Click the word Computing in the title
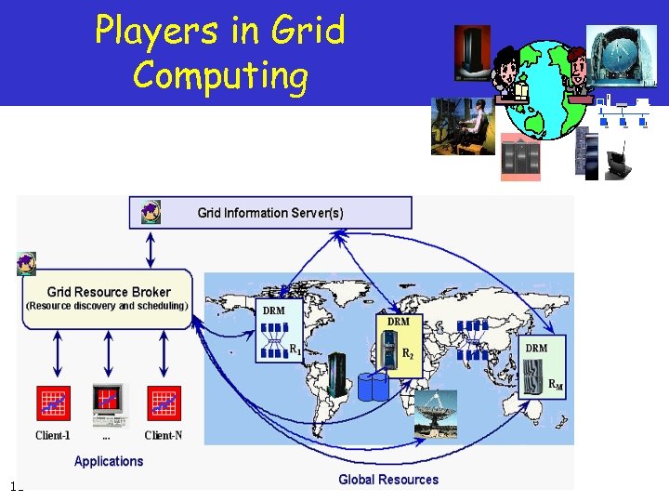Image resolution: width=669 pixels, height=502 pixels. click(220, 73)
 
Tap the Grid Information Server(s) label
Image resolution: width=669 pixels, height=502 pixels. click(270, 213)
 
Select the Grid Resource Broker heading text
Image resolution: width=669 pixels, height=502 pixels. click(109, 292)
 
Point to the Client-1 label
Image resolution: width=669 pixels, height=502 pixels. click(53, 435)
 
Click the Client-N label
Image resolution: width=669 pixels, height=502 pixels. click(164, 435)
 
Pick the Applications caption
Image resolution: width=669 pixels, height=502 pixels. click(109, 461)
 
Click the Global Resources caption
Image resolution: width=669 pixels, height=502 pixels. click(387, 480)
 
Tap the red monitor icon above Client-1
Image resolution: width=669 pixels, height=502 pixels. click(53, 402)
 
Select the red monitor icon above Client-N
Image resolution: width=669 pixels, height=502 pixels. click(164, 402)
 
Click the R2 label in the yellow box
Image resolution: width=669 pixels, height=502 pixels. click(408, 354)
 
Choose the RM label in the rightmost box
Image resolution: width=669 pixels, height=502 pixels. click(556, 384)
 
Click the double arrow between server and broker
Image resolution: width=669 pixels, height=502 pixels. click(151, 248)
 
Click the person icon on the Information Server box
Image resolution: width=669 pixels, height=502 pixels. click(151, 212)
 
